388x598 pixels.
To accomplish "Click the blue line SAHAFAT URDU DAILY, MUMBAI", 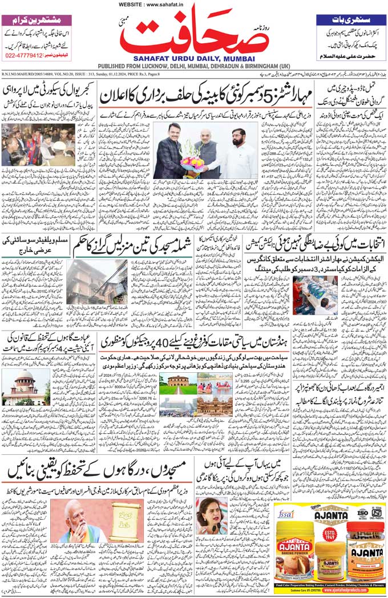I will (x=193, y=58).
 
